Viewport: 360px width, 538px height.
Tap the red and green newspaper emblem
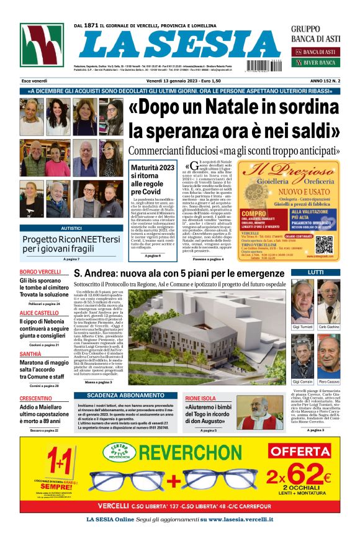coord(41,46)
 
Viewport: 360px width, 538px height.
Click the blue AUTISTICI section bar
coord(71,228)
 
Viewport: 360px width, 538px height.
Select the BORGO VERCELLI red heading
coord(40,273)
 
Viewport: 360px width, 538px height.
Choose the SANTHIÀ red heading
coord(30,354)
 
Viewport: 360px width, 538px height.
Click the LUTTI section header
coord(315,273)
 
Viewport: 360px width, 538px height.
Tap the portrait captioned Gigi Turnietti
coord(302,301)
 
